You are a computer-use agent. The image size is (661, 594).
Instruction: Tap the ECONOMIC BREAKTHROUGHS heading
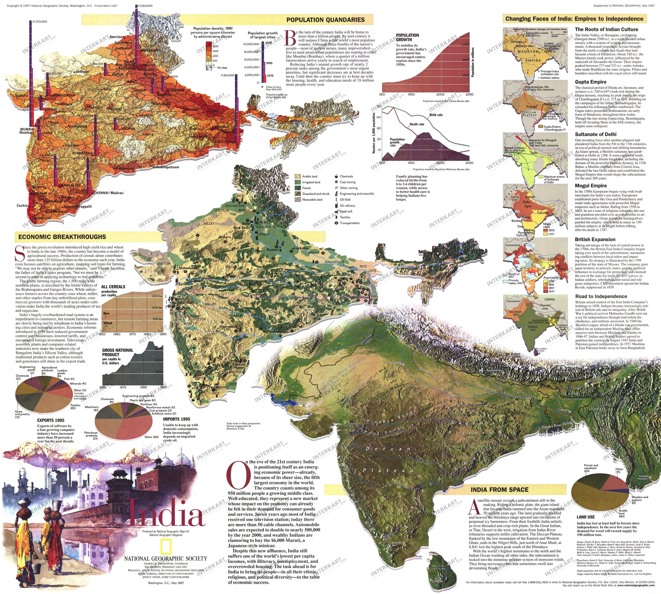(62, 237)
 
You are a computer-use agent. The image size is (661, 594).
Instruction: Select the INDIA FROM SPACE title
(499, 489)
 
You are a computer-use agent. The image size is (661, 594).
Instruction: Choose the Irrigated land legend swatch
(298, 182)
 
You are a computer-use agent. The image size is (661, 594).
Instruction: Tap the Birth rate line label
(436, 115)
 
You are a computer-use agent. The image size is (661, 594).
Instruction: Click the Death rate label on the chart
(417, 124)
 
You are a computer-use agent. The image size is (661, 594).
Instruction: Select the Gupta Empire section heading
(591, 82)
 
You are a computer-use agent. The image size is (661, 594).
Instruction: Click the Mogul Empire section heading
(591, 186)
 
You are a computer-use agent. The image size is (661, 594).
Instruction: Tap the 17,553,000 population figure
(145, 6)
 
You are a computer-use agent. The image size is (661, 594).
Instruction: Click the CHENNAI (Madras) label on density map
(109, 193)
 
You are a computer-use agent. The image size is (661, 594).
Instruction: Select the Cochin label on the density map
(22, 206)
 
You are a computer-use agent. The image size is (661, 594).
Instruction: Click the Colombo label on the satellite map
(437, 581)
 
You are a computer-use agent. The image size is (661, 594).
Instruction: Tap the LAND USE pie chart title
(586, 517)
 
